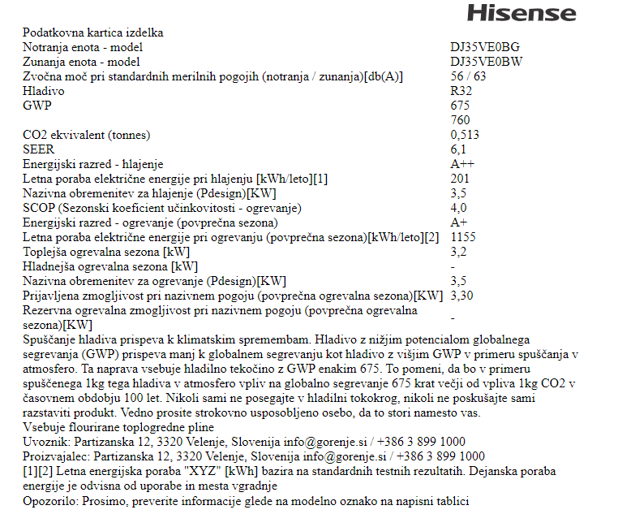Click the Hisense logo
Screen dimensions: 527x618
521,13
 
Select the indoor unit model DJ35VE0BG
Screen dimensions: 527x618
486,47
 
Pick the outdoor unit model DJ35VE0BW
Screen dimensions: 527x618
487,62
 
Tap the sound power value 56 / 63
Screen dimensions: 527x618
469,76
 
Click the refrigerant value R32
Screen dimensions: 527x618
461,91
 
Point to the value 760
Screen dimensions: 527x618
460,120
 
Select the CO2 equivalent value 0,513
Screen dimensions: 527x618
465,135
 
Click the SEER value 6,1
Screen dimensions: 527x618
458,149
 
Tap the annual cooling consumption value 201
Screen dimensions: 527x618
460,179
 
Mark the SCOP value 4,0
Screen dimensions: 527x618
458,208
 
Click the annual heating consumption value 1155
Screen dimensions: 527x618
463,237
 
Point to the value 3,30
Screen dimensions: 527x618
462,296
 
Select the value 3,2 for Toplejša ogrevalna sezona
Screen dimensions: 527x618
458,252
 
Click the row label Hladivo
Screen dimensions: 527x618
44,91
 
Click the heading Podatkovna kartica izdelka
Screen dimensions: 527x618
93,32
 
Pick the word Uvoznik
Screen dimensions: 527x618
45,442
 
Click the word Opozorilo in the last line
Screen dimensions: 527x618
51,501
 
